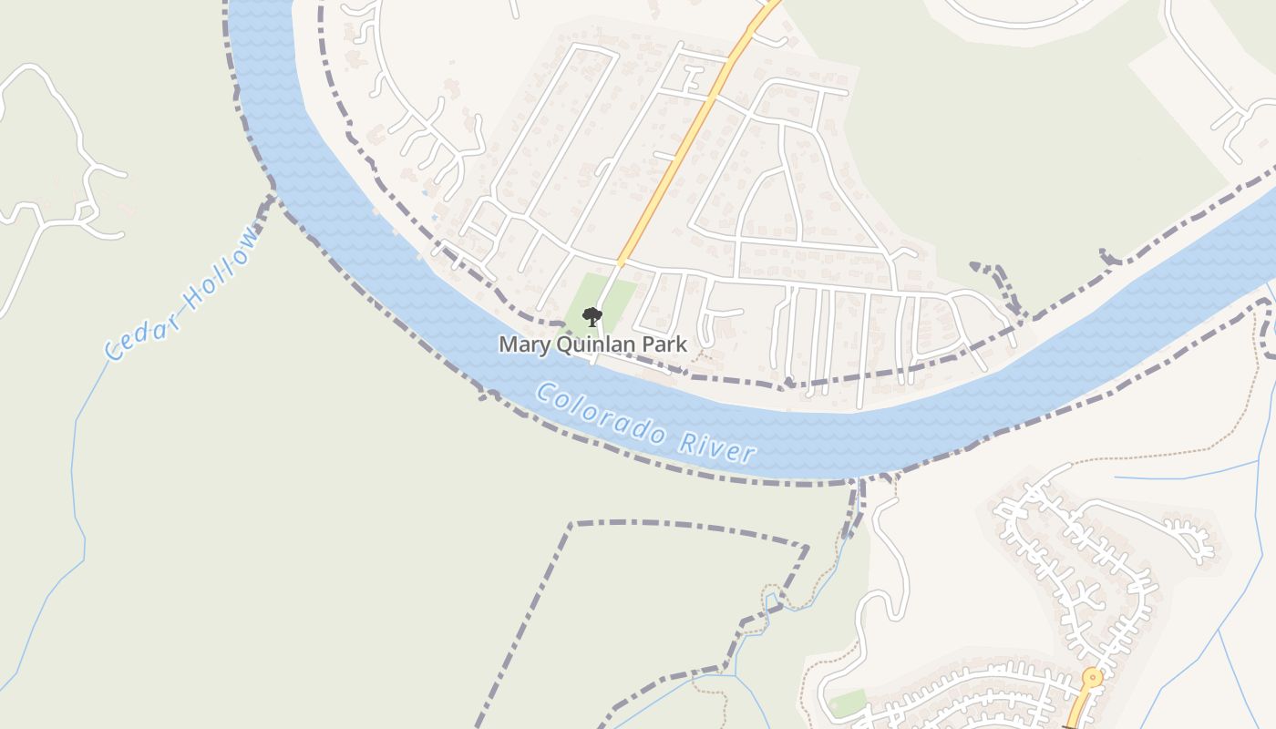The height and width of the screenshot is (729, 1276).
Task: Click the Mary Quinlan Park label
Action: pos(592,344)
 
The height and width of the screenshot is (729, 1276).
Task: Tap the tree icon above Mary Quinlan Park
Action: pos(592,317)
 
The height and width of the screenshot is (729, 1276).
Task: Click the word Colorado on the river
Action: pos(600,415)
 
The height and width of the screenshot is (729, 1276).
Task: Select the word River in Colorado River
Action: pos(718,446)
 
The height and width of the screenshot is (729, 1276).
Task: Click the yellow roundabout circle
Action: pos(1091,678)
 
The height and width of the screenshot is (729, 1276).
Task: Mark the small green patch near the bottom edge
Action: pos(848,703)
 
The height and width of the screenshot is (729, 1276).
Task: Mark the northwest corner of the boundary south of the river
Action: pos(572,524)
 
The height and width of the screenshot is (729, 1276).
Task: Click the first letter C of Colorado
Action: pos(545,394)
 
